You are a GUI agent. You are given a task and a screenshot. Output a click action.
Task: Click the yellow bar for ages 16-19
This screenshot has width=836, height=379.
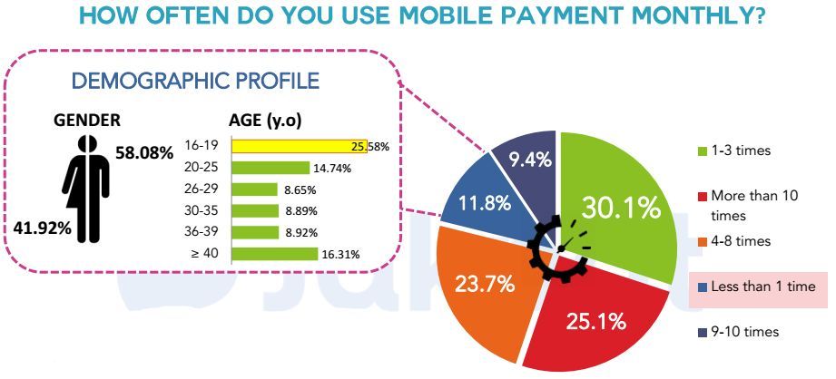click(300, 146)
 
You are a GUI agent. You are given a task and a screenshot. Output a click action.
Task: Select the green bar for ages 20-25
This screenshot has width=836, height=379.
click(270, 169)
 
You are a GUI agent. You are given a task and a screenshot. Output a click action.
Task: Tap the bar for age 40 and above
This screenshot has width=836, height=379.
click(275, 254)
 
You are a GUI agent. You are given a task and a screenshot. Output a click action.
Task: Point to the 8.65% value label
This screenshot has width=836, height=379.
click(300, 189)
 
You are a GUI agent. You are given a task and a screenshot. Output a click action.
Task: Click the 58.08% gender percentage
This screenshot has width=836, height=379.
click(144, 153)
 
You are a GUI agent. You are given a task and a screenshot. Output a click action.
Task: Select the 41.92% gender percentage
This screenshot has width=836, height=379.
click(42, 228)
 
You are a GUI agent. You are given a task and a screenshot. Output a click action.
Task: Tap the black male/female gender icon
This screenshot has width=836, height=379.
click(86, 188)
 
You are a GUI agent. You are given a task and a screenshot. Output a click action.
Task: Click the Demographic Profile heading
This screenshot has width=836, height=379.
click(195, 81)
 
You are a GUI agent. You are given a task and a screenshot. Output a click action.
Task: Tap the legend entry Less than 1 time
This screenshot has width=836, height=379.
click(756, 287)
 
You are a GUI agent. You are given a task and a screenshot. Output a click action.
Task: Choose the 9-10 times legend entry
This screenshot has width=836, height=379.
click(738, 332)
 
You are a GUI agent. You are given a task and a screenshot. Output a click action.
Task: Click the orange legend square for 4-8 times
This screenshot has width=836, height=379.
click(703, 242)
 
